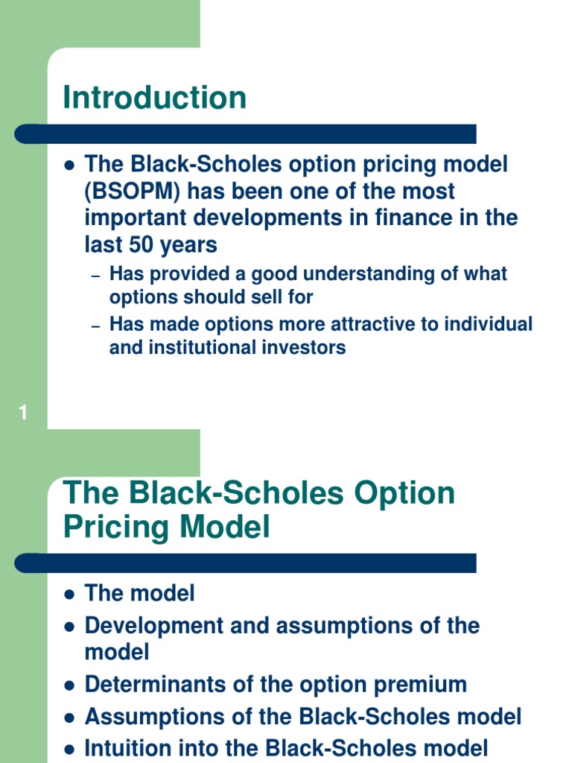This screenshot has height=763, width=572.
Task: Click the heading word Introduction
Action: point(154,98)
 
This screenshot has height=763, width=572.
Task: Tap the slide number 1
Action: point(23,413)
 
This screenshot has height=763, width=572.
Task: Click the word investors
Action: point(304,347)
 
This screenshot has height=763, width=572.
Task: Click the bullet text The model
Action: point(140,593)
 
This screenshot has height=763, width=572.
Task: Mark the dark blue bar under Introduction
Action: point(246,134)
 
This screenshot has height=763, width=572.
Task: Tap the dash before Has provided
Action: point(95,276)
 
